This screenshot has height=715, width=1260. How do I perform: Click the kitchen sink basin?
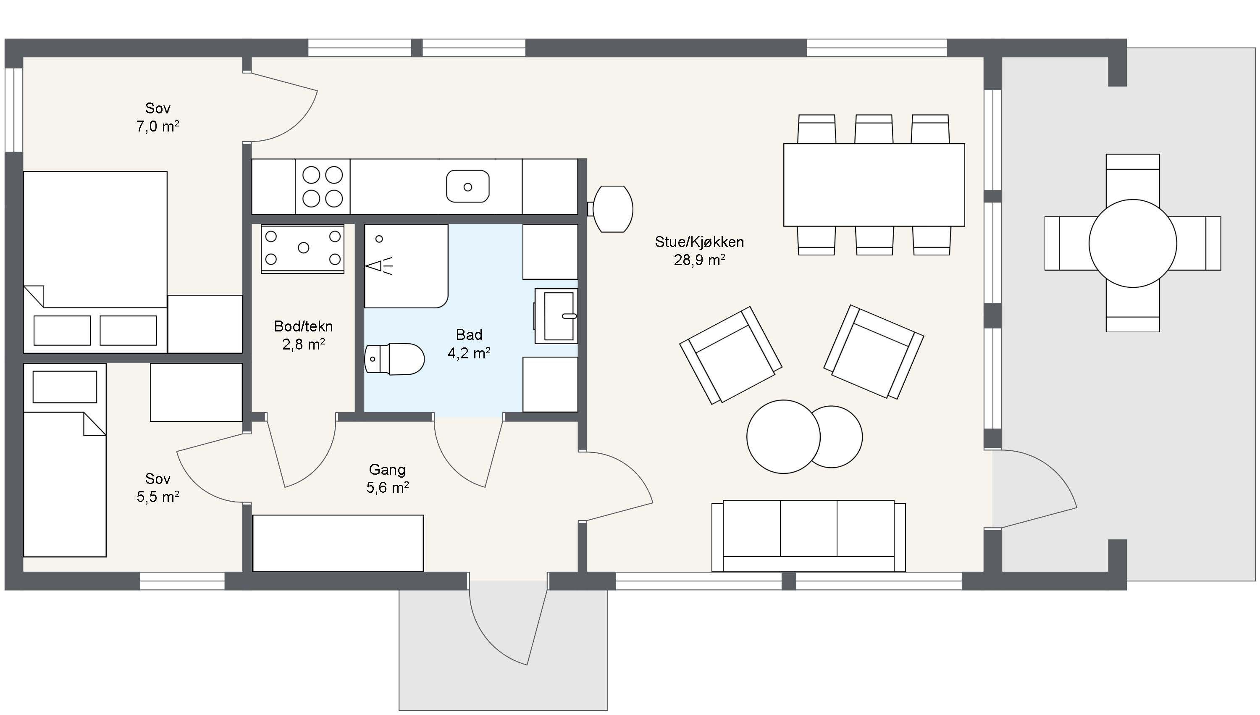(467, 186)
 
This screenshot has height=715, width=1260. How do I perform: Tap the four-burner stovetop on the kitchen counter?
(323, 187)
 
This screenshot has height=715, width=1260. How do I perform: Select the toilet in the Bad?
(394, 359)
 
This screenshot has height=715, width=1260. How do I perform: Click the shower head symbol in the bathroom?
(379, 265)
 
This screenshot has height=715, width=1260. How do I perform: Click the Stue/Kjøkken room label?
(699, 242)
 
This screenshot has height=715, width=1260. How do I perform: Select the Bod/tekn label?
(303, 326)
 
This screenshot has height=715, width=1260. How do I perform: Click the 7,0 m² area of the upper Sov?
(157, 126)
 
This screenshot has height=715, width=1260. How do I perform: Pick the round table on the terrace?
(1132, 243)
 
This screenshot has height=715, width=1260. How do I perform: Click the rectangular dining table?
(874, 185)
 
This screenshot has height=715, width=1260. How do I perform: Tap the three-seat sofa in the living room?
(808, 536)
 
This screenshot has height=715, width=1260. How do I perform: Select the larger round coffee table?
(783, 436)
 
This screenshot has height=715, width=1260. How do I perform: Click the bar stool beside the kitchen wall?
(612, 209)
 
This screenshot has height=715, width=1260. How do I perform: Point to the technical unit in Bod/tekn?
(302, 249)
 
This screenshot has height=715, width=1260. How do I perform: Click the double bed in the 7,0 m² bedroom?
(95, 262)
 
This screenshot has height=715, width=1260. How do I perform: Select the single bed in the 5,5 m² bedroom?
(65, 460)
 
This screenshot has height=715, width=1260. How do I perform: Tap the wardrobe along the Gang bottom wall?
(338, 543)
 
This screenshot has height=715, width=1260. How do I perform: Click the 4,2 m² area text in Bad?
(469, 353)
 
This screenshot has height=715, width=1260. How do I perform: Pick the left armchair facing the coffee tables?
(730, 355)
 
